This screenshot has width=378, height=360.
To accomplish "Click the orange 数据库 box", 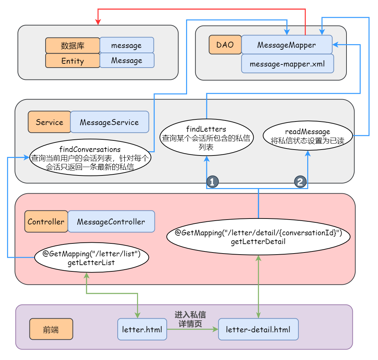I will [73, 46].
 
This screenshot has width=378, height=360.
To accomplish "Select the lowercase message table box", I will [127, 45].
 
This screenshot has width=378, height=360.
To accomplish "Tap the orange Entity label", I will [73, 61].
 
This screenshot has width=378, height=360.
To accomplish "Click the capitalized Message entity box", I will [127, 60].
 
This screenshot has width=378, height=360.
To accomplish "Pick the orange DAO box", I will [225, 45].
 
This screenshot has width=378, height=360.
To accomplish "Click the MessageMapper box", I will [287, 45].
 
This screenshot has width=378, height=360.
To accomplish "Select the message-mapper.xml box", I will [287, 64].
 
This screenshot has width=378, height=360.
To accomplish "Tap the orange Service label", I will [49, 122].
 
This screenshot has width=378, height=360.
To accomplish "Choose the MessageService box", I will [109, 122].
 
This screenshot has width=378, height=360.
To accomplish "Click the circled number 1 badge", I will [212, 182].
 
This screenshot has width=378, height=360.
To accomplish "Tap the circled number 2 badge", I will [300, 182].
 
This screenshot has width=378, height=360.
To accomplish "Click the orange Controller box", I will [46, 221].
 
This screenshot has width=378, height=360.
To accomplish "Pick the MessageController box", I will [111, 221].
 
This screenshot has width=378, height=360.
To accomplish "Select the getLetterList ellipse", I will [91, 258].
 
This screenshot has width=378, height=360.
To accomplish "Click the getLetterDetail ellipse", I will [258, 237].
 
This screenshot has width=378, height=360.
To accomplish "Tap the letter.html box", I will [142, 329].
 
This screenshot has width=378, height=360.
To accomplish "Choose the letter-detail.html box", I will [258, 329].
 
